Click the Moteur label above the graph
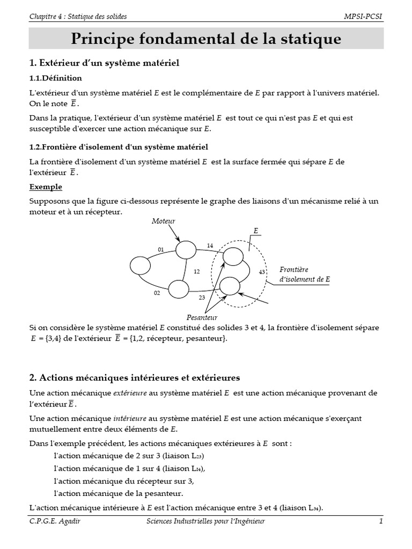coord(164,221)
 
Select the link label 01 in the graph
coord(160,249)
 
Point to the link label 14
coord(210,246)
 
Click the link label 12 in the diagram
coord(196,272)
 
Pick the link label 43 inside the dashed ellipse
coord(262,272)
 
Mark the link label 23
coord(202,298)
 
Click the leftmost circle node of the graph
coord(140,265)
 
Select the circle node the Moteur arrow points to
coord(186,249)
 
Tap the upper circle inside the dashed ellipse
coord(232,256)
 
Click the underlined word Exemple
coord(46,187)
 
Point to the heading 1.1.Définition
coord(55,78)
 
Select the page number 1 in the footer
coord(380,521)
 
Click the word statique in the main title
coord(309,39)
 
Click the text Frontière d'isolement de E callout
coord(304,274)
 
